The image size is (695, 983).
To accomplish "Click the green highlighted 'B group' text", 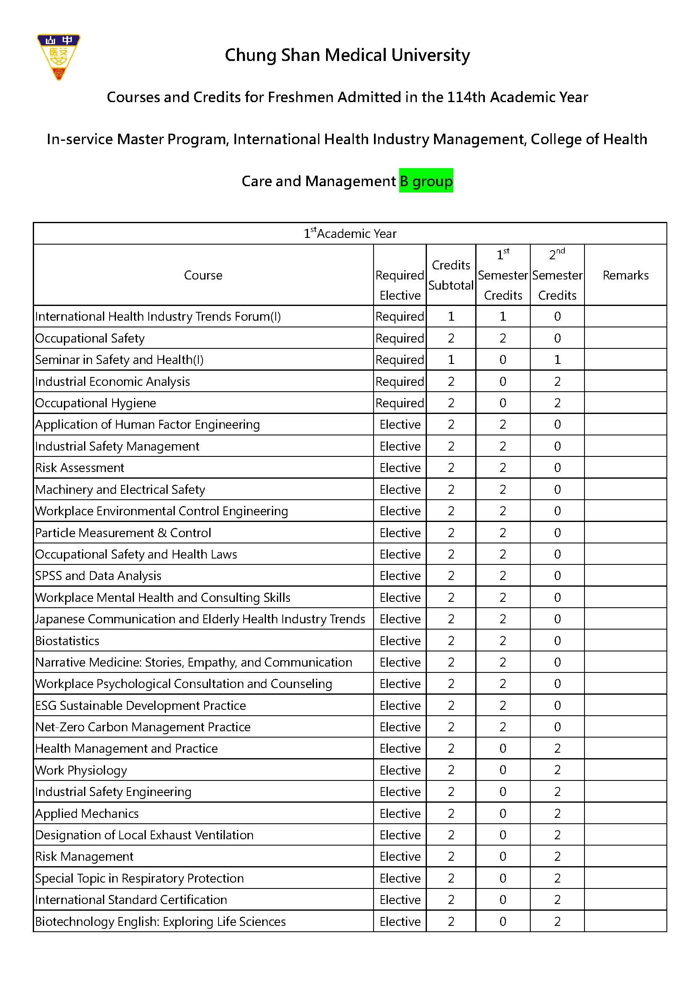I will (x=426, y=181).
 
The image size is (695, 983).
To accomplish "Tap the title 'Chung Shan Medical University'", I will (x=347, y=55).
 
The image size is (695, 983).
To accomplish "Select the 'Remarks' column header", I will (x=625, y=275).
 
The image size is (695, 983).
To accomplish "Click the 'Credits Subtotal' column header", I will (x=450, y=275).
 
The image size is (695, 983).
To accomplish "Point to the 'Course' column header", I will (x=203, y=275).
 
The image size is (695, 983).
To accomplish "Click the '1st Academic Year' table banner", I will (x=350, y=233).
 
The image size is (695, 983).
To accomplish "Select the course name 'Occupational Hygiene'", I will (x=95, y=403).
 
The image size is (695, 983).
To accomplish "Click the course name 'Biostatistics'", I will (x=67, y=640).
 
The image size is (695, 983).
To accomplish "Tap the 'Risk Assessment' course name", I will (x=79, y=467).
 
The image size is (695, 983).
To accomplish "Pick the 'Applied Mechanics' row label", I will (x=87, y=814).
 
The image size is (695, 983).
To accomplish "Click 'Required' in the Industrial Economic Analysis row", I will (x=399, y=382).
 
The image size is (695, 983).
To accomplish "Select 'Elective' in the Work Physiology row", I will (x=400, y=770).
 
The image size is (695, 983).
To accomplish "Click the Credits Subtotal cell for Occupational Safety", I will (x=450, y=338).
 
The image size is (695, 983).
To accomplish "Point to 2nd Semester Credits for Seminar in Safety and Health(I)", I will (x=557, y=360).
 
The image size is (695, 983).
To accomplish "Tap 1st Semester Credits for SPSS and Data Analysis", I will (x=503, y=576).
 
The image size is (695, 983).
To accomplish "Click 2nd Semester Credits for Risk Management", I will (x=557, y=857).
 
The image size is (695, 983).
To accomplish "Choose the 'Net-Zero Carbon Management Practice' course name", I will (x=142, y=727).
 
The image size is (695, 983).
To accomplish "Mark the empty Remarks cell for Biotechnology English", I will (x=625, y=921).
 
